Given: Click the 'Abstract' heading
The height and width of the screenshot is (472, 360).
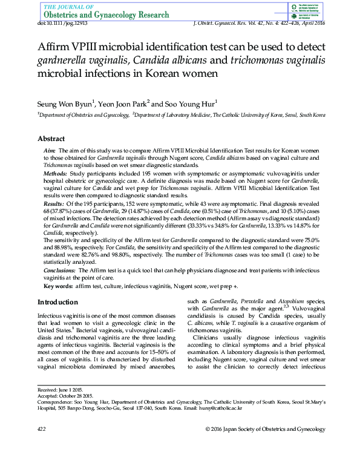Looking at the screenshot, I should (x=51, y=139).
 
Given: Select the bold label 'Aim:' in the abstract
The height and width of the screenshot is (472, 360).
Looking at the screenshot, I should (x=50, y=149).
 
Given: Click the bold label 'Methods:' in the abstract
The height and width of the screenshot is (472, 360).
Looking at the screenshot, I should (x=55, y=172).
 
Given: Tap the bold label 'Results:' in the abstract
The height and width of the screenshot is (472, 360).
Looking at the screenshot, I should (x=54, y=204).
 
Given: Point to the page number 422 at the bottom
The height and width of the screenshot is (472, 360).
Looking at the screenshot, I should (x=42, y=429).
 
